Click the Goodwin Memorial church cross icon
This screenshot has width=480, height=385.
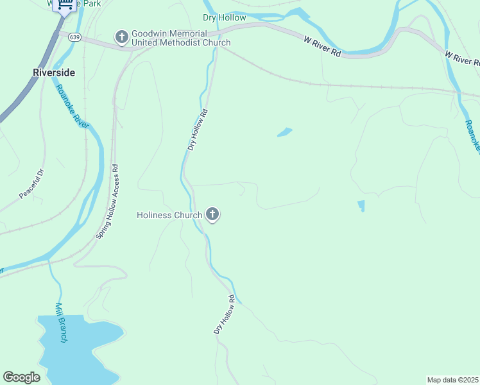(x=122, y=38)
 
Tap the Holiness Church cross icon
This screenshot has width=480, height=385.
(x=212, y=215)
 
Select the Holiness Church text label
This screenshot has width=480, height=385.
(x=169, y=215)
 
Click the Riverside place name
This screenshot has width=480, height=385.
(x=54, y=73)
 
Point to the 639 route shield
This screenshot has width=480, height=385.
(x=76, y=37)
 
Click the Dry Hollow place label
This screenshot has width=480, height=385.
(x=224, y=17)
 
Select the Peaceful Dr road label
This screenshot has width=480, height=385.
(x=30, y=184)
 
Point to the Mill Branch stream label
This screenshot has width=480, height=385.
(x=61, y=322)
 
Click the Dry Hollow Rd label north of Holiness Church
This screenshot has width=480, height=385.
(x=198, y=130)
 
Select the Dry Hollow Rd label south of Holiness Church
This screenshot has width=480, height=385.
(x=225, y=314)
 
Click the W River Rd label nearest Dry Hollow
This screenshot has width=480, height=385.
(x=322, y=47)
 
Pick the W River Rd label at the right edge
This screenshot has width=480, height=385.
(x=462, y=58)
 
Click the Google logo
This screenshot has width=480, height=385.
(x=21, y=377)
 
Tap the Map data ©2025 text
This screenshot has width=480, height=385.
(x=452, y=379)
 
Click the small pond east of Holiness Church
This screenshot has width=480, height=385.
(x=361, y=206)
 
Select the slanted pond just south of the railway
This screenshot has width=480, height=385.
(x=284, y=132)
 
